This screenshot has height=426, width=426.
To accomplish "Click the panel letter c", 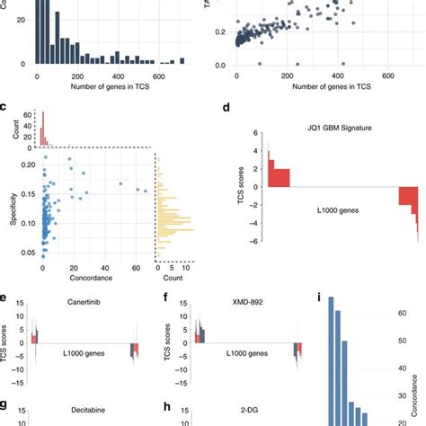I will [x=5, y=109].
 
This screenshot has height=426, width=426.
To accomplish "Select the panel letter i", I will [x=318, y=297].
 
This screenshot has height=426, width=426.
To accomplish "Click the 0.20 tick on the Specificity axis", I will [x=23, y=164].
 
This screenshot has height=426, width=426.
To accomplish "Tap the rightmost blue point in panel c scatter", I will [x=146, y=191].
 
